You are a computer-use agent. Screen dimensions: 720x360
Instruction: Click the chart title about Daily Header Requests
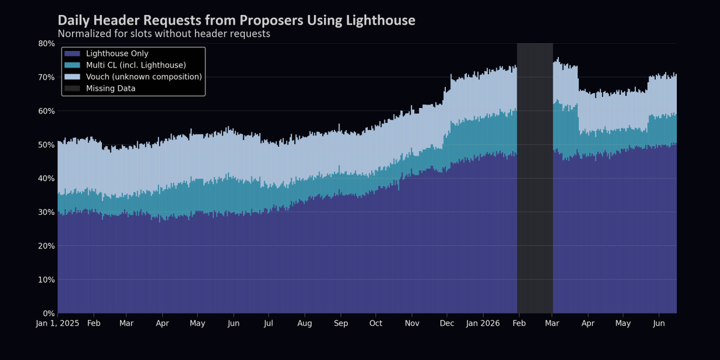[x=236, y=20]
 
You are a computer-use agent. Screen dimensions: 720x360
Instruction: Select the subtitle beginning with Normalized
[x=164, y=34]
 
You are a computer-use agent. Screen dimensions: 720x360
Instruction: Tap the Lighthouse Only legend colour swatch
[x=72, y=53]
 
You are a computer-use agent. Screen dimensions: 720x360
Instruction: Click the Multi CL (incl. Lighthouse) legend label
[x=136, y=65]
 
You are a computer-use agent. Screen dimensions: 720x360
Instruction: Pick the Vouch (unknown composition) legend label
[x=144, y=77]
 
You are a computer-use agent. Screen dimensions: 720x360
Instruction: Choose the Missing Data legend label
[x=110, y=88]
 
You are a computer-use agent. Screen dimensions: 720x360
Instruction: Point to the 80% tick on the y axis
[x=47, y=43]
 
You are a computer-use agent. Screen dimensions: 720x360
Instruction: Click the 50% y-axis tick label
[x=47, y=145]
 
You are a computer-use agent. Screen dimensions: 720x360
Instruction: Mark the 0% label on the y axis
[x=49, y=313]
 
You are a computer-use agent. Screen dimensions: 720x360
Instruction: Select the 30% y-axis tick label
[x=47, y=212]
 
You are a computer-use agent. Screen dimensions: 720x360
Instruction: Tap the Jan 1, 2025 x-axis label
[x=58, y=323]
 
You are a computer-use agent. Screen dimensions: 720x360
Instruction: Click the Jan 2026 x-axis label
[x=483, y=323]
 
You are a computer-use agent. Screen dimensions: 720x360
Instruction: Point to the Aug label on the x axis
[x=304, y=323]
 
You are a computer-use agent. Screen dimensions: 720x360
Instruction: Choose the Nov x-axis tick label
[x=412, y=323]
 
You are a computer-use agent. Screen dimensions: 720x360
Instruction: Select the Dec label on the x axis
[x=447, y=323]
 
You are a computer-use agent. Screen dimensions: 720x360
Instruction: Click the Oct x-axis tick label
[x=376, y=323]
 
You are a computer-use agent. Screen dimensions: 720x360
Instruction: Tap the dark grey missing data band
[x=535, y=178]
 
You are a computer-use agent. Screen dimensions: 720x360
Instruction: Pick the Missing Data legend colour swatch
[x=72, y=88]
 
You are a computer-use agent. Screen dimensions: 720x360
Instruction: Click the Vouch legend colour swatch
[x=72, y=77]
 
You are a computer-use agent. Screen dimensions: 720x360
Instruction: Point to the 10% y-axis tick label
[x=47, y=280]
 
